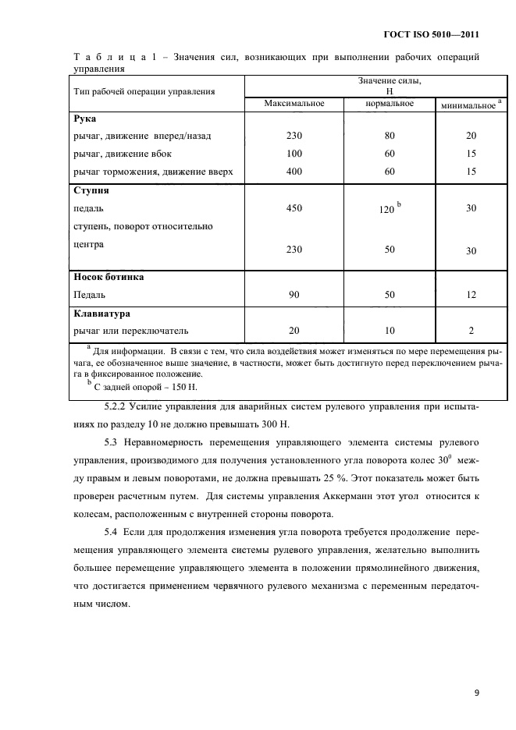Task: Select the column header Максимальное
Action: point(294,104)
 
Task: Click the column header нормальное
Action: point(390,104)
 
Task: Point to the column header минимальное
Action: point(468,105)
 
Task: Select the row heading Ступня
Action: point(91,190)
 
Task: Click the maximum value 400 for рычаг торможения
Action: point(294,171)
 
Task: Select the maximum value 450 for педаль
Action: point(294,208)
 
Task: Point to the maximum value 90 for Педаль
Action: point(294,296)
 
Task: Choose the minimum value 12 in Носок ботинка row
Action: point(471,296)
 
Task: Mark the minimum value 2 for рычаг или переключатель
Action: point(471,331)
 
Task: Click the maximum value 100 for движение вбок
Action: point(294,153)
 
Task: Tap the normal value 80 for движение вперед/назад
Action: point(390,136)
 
